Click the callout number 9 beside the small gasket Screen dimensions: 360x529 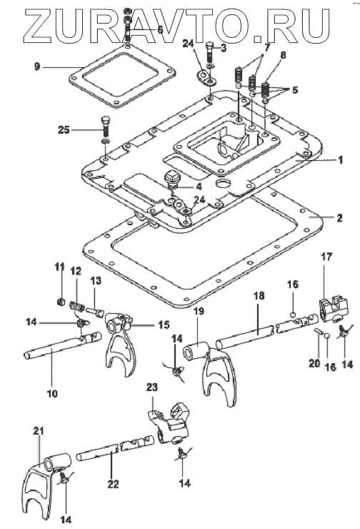point(36,66)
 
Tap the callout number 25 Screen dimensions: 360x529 point(64,130)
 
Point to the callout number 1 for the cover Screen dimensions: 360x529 point(340,159)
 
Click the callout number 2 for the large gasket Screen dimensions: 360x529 point(339,217)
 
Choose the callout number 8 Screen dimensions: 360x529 point(283,55)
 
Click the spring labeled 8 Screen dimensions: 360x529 point(266,89)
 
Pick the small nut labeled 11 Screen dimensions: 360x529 point(61,301)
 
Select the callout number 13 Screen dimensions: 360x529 point(96,281)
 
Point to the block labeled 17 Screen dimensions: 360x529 point(334,308)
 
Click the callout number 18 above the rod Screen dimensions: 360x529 point(259,296)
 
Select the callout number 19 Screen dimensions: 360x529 point(199,311)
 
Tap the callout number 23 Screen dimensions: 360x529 point(152,387)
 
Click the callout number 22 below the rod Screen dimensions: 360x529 point(114,484)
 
